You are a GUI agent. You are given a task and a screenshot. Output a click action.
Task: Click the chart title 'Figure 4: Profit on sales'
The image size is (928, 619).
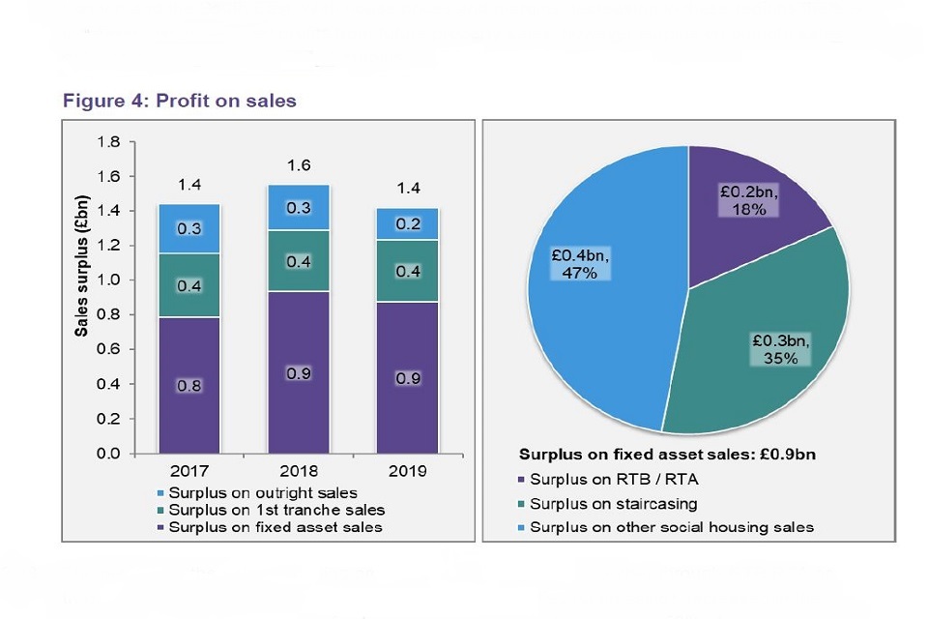point(180,100)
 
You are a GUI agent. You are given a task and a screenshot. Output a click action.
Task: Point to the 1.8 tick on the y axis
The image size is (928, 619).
point(108,142)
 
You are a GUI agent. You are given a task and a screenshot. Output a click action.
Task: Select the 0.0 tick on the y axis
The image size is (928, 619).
point(108,454)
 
